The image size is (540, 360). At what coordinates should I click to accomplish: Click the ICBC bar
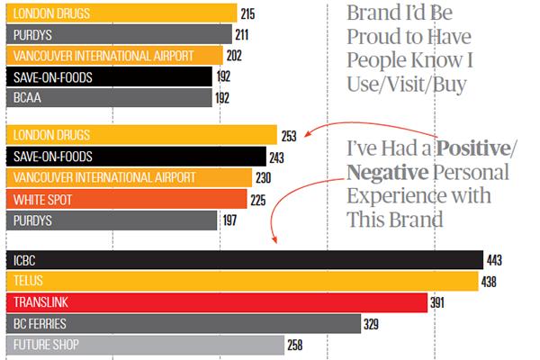[x=243, y=260]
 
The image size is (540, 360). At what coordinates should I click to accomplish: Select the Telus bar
[x=241, y=281]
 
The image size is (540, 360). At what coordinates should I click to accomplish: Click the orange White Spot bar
[x=126, y=199]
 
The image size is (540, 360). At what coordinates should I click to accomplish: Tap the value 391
[x=436, y=302]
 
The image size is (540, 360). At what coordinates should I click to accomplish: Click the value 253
[x=289, y=137]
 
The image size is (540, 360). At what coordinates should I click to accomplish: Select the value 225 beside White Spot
[x=258, y=200]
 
